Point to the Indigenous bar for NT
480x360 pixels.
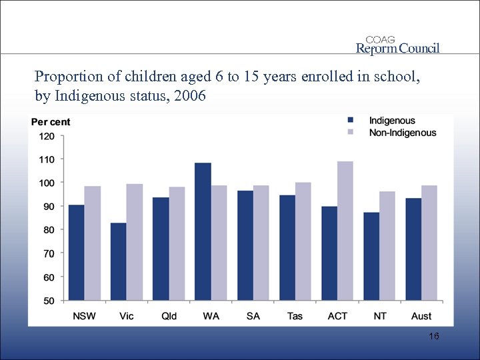[371, 256]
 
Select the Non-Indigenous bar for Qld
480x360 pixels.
[177, 243]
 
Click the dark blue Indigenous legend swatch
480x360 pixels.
[351, 121]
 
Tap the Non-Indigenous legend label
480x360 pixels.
[403, 133]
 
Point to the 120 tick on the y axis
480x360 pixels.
[47, 136]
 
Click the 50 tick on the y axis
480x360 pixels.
[49, 301]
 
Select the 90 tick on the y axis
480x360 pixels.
[49, 207]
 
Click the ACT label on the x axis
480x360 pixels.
[337, 316]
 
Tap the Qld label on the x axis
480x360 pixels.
[169, 316]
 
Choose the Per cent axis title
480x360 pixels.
[51, 122]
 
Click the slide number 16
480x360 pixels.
[434, 337]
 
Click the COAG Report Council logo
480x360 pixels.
[397, 45]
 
